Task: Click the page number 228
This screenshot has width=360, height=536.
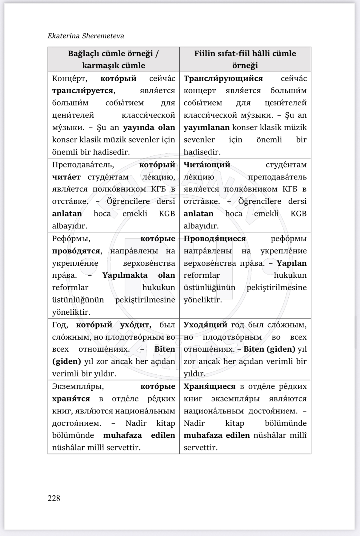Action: click(54, 498)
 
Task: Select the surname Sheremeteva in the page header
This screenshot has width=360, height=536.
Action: click(103, 36)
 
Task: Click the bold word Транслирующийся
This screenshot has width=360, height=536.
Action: click(223, 79)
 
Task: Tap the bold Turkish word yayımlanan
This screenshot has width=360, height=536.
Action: click(206, 127)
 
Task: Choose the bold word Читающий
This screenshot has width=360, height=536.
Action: click(207, 165)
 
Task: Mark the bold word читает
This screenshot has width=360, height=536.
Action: click(66, 177)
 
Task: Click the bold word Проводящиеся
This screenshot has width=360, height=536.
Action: click(215, 239)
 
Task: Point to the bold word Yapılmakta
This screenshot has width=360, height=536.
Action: click(125, 275)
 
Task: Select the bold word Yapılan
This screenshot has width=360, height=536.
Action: click(291, 263)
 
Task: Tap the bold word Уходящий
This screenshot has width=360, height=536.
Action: click(206, 325)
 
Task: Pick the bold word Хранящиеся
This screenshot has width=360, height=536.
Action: click(210, 386)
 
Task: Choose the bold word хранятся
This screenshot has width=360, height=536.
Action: click(71, 399)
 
